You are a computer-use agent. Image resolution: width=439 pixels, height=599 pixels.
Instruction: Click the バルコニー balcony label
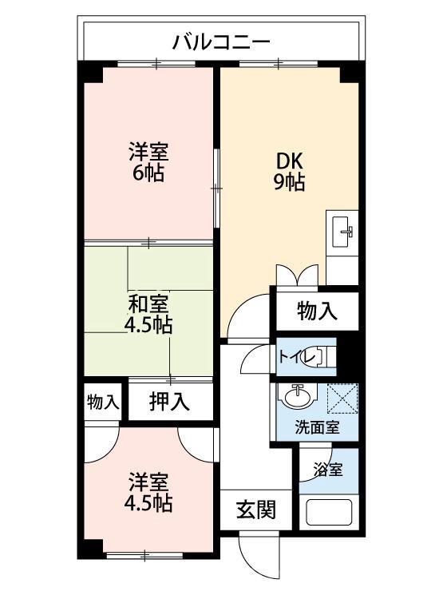pyautogui.click(x=222, y=42)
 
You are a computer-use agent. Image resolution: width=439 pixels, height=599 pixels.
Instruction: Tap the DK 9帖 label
pyautogui.click(x=289, y=170)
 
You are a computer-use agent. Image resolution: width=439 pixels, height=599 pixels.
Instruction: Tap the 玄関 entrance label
pyautogui.click(x=256, y=509)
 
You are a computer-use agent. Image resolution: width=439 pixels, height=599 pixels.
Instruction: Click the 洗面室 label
pyautogui.click(x=318, y=426)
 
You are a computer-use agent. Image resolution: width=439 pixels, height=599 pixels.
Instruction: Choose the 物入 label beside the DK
pyautogui.click(x=317, y=311)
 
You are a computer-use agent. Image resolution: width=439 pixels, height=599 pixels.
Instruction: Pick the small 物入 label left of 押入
pyautogui.click(x=103, y=402)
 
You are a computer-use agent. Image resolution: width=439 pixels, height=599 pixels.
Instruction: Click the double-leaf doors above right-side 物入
pyautogui.click(x=298, y=275)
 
